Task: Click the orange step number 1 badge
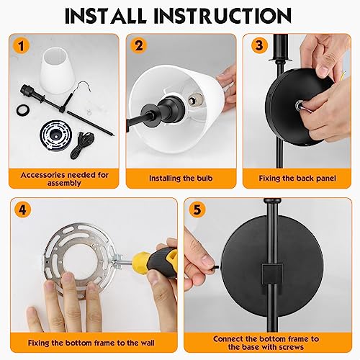22,45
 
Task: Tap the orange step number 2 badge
139,45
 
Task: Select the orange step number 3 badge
259,45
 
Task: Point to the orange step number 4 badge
22,210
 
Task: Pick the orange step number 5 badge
197,210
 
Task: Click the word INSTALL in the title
106,16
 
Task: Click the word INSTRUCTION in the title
222,16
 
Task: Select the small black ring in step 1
24,111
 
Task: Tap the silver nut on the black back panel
299,104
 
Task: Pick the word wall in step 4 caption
146,343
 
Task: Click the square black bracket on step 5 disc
271,274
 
